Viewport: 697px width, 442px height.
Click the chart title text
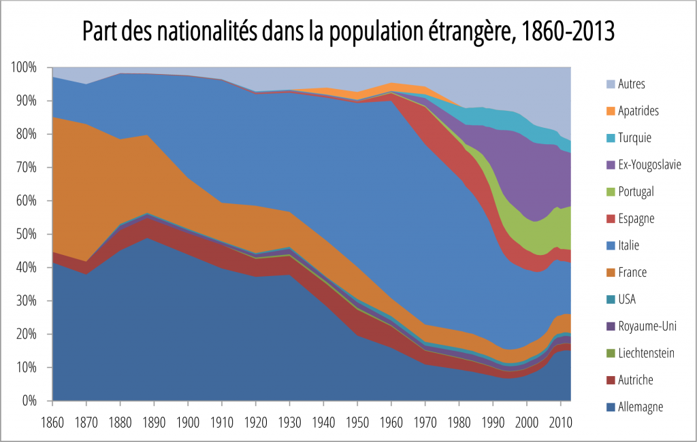coord(348,31)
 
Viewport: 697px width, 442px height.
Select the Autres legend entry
coord(632,84)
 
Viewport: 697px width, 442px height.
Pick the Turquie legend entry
coord(635,138)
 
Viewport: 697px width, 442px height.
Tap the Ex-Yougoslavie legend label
coord(650,165)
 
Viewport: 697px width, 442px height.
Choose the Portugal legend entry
coord(636,192)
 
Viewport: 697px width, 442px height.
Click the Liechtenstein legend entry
coord(646,353)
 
